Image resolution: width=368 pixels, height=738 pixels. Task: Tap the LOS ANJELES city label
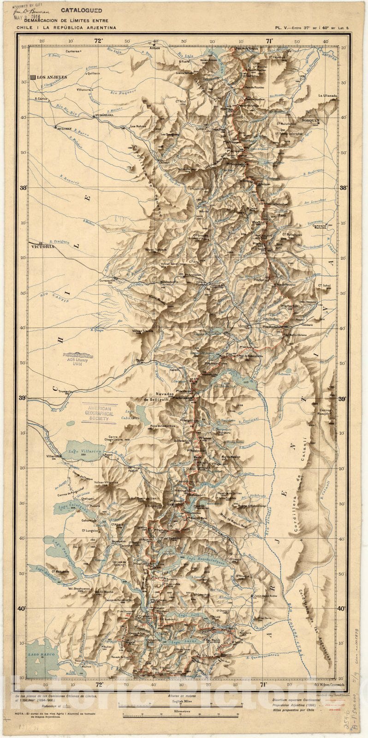click(52, 77)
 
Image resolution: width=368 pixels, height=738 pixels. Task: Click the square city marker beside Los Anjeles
click(33, 77)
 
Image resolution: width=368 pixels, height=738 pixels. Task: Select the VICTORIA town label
click(43, 246)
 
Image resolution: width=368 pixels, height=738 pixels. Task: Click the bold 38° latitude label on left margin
click(21, 188)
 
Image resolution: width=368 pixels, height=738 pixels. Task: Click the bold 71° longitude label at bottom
click(263, 685)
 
